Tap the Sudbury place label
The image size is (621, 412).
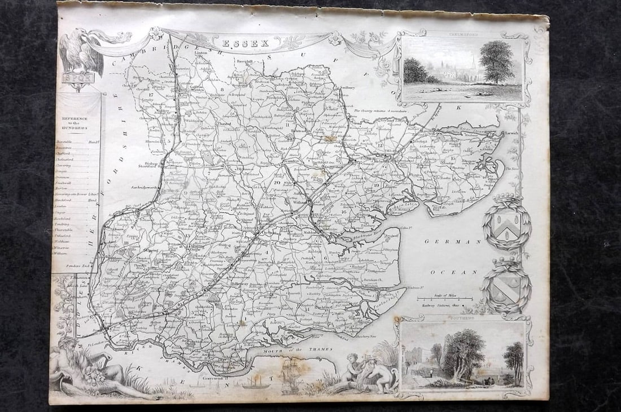pyautogui.click(x=348, y=87)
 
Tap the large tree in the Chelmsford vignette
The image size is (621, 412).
pyautogui.click(x=497, y=62)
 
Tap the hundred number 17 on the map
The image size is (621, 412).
pyautogui.click(x=151, y=95)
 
